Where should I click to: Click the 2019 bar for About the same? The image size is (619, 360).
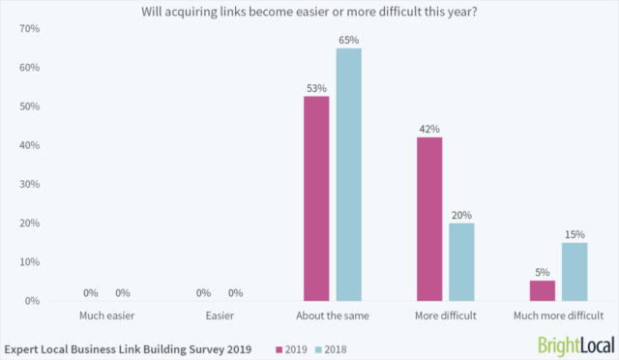click(316, 198)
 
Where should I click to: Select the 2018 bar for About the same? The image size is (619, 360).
click(348, 175)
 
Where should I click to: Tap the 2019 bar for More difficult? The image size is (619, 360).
click(429, 220)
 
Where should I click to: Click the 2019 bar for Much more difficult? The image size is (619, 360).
click(543, 290)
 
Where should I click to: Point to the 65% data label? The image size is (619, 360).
click(348, 41)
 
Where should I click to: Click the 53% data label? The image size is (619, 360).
click(316, 87)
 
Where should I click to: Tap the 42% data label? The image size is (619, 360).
click(429, 129)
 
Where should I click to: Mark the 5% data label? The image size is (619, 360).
click(543, 272)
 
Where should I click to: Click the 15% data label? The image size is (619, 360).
click(575, 233)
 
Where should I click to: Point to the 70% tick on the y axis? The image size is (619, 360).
click(29, 29)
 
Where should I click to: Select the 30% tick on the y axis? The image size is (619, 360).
click(29, 184)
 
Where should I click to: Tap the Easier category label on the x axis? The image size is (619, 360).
click(220, 315)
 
